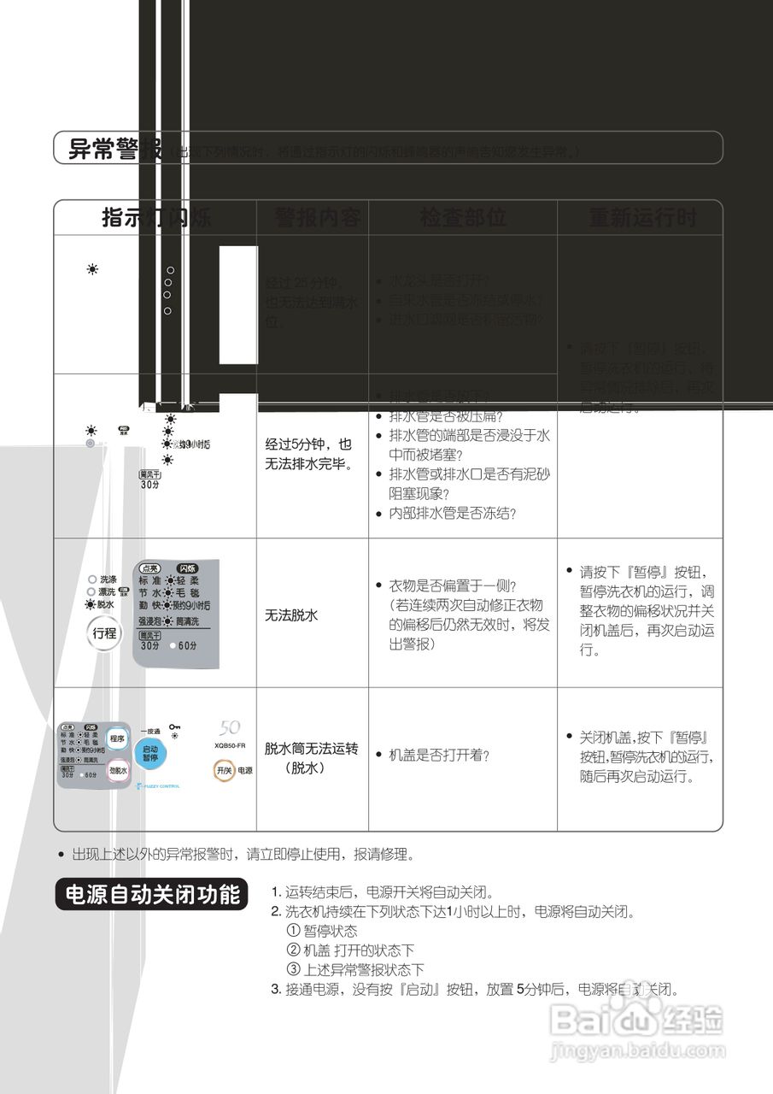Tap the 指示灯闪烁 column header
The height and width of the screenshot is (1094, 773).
click(156, 217)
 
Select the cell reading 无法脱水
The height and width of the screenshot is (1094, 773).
click(292, 614)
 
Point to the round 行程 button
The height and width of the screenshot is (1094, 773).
click(105, 633)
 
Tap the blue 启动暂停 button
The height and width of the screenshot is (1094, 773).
click(150, 753)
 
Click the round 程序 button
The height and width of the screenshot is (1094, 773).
click(117, 738)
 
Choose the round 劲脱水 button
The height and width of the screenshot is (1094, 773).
click(117, 771)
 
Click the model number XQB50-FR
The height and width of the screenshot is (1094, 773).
click(230, 745)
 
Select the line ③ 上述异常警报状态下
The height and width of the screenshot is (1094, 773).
click(355, 970)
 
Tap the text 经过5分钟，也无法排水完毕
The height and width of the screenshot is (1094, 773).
click(308, 456)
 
